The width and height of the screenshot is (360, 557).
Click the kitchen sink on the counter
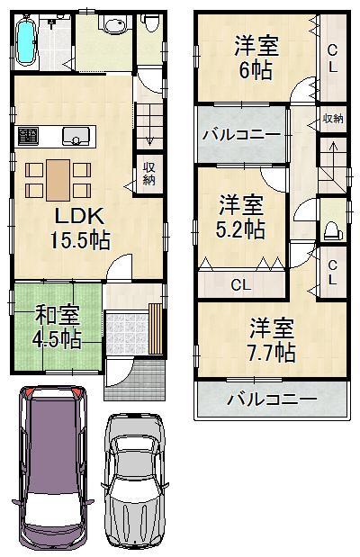pyautogui.click(x=75, y=137)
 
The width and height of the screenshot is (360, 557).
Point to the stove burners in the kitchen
pyautogui.click(x=28, y=137)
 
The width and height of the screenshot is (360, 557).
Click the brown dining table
pyautogui.click(x=57, y=177)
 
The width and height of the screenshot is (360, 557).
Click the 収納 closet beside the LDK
pyautogui.click(x=148, y=173)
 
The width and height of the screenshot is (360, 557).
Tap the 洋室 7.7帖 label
pyautogui.click(x=273, y=339)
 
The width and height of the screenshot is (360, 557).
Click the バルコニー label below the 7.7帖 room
pyautogui.click(x=271, y=399)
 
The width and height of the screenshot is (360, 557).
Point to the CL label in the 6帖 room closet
pyautogui.click(x=332, y=58)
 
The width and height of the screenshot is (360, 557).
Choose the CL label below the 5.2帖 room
pyautogui.click(x=239, y=284)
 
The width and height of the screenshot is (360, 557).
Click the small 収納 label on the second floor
pyautogui.click(x=332, y=118)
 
